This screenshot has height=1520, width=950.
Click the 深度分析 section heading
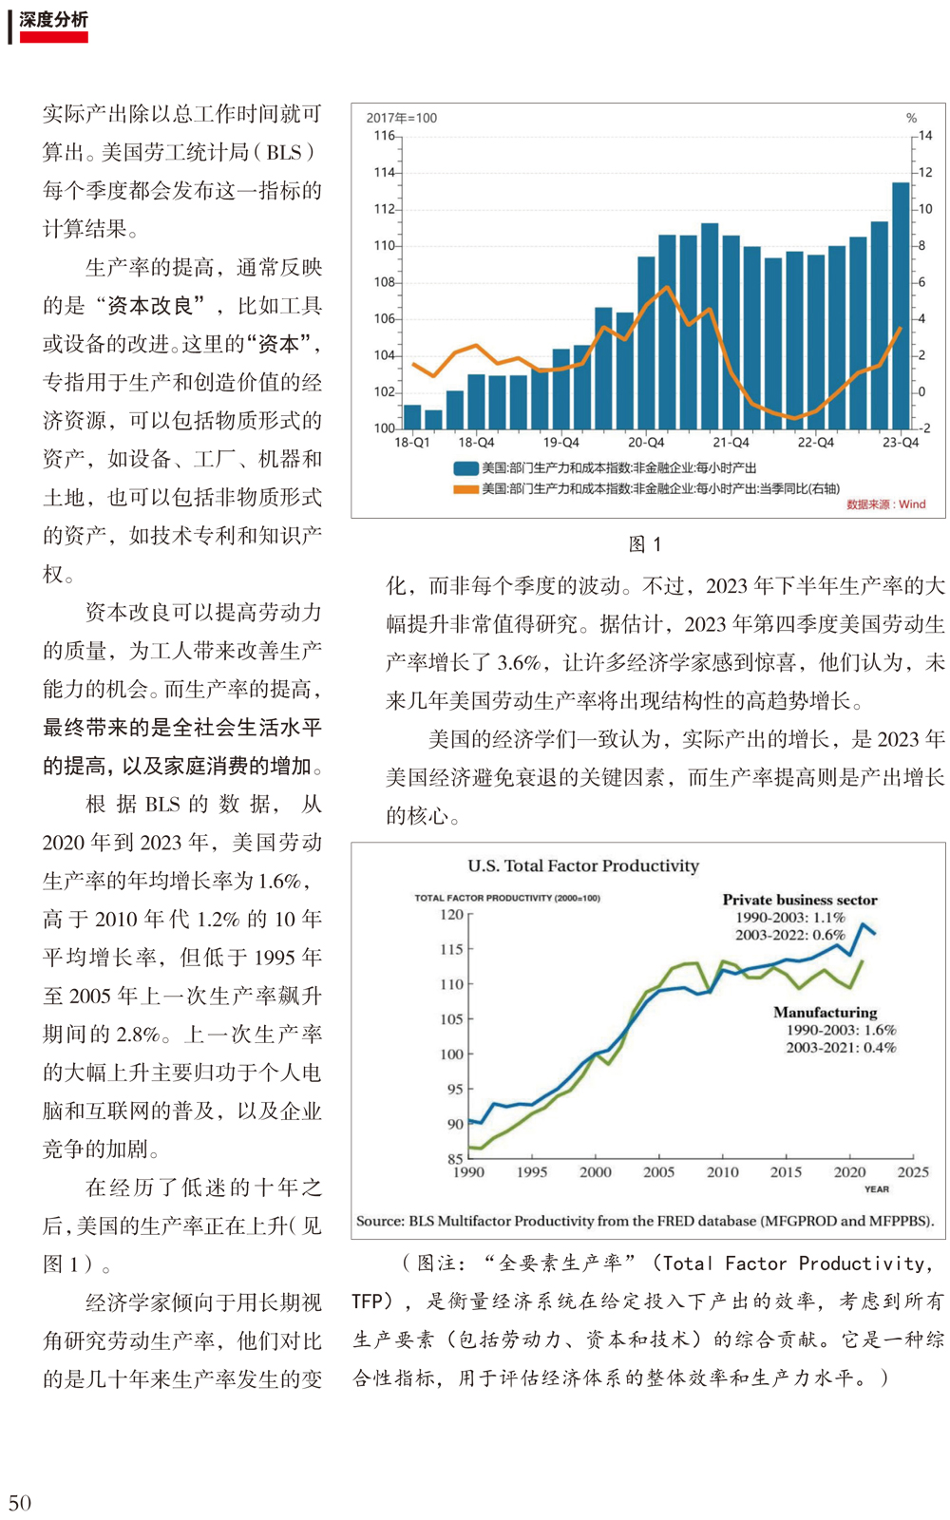coord(53,20)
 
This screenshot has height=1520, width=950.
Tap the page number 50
coord(20,1502)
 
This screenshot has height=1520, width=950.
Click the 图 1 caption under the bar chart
coord(645,544)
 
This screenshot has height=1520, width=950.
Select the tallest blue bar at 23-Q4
coord(901,305)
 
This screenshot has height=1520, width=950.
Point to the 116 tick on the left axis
coord(384,136)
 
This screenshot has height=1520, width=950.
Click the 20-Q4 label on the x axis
coord(646,443)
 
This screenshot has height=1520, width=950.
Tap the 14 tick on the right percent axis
coord(925,136)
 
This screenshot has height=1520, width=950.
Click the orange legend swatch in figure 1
coord(466,488)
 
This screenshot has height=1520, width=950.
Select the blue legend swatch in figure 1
coord(466,468)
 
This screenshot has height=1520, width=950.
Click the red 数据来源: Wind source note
coord(886,504)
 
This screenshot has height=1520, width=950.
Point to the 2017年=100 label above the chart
coord(402,118)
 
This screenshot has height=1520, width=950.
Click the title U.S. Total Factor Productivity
coord(583,865)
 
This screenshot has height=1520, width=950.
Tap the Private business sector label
coord(799,900)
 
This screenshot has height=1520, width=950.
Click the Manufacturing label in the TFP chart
coord(826,1013)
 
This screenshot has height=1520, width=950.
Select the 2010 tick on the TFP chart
coord(723,1172)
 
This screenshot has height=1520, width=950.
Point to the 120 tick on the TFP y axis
coord(451,915)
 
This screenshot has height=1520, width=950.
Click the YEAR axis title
coord(876,1189)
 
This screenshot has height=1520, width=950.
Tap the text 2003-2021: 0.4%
coord(841,1048)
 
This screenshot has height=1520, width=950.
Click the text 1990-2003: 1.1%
coord(790,918)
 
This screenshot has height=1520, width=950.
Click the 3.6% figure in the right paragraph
coord(519,662)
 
